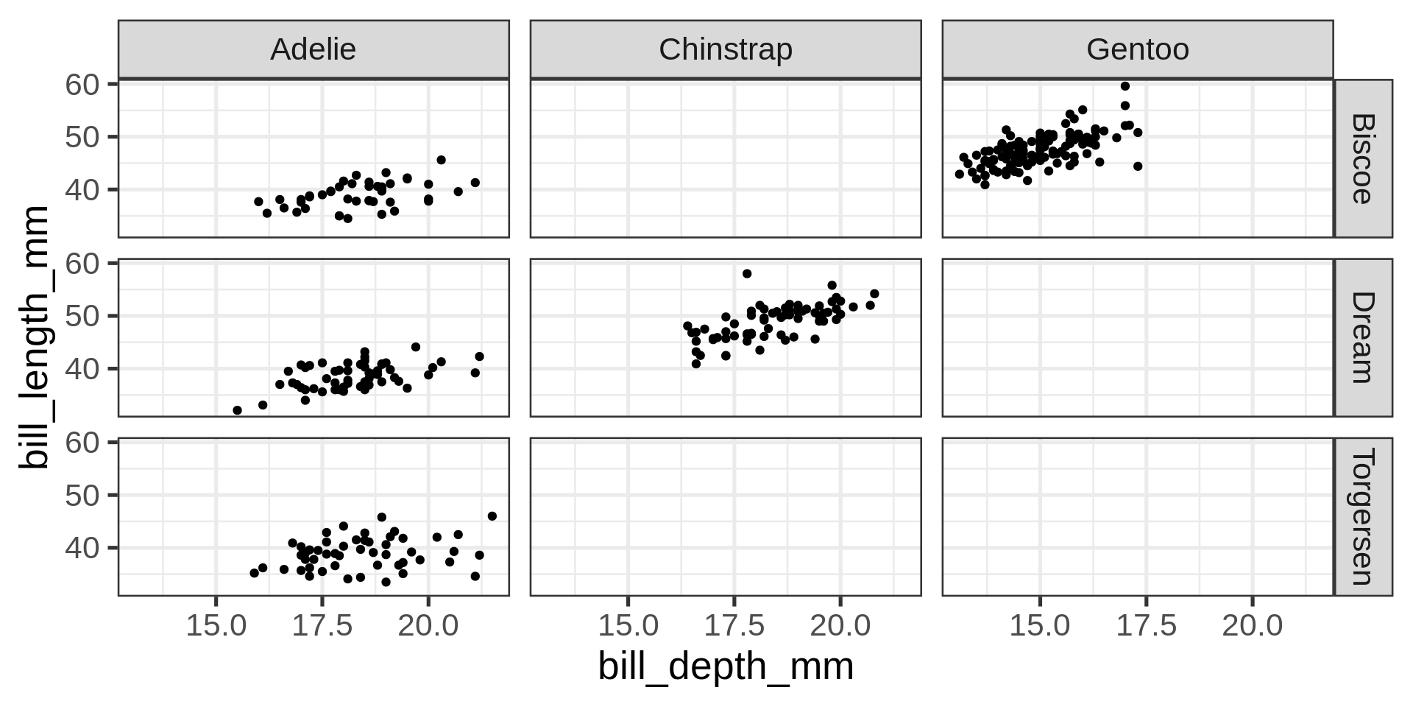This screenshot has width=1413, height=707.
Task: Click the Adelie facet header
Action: coord(313,49)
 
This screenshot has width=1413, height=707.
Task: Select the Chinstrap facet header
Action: coord(725,49)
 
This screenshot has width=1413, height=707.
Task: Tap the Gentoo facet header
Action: coord(1137,49)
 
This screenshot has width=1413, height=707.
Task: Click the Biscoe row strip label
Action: coord(1363,158)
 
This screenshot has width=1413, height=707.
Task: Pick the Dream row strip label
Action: coord(1363,337)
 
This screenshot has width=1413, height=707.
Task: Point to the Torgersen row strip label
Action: coord(1363,516)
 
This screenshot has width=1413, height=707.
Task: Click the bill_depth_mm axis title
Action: coord(725,667)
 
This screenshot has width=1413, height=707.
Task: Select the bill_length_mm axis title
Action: coord(35,337)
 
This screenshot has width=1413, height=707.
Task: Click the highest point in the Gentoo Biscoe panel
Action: coord(1125,86)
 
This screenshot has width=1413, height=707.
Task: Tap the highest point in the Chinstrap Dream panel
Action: coord(747,273)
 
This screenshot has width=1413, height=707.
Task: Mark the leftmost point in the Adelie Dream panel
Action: coord(237,410)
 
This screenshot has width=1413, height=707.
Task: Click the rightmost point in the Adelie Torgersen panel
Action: coord(492,516)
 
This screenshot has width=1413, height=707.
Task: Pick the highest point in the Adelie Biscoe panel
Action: coord(441,160)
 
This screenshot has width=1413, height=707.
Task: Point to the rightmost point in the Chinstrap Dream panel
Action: coord(874,294)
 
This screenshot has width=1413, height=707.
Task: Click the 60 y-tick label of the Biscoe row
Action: coord(82,85)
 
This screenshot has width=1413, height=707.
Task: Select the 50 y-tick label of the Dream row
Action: coord(82,316)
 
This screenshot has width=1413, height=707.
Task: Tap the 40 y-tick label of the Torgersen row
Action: coord(82,548)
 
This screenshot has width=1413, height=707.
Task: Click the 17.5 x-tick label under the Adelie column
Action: coord(322,627)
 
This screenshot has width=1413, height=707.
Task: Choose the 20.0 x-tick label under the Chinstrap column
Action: coord(840,627)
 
